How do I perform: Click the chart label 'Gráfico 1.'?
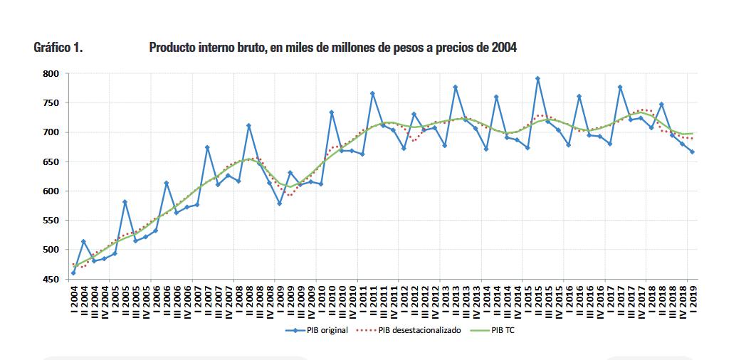(58, 48)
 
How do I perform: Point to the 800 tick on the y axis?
(49, 73)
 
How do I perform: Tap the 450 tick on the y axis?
(49, 280)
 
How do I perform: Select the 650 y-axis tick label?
(49, 162)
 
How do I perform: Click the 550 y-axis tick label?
(49, 221)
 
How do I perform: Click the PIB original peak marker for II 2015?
(537, 79)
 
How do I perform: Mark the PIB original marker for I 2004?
(73, 272)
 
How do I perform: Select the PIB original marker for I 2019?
(693, 152)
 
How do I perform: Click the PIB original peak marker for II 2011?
(372, 93)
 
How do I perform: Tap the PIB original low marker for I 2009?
(280, 203)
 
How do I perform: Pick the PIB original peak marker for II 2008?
(248, 126)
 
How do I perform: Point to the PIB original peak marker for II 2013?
(455, 87)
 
